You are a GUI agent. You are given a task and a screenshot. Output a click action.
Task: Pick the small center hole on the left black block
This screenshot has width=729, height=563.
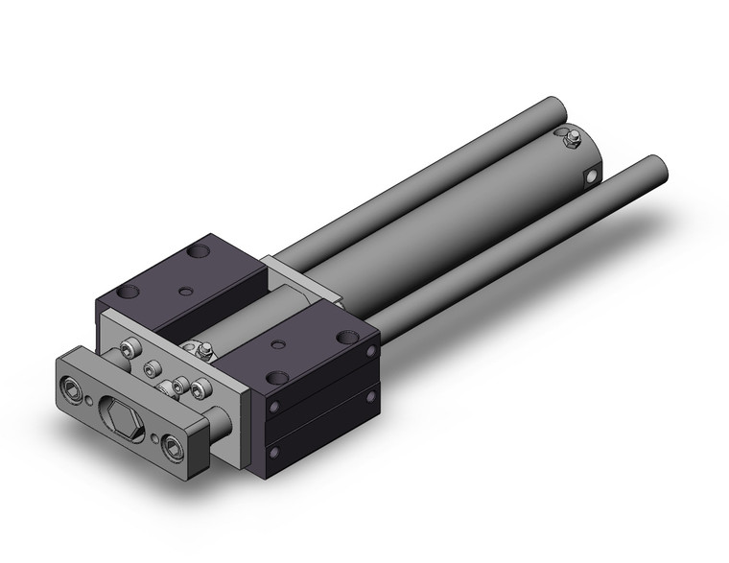click(x=185, y=288)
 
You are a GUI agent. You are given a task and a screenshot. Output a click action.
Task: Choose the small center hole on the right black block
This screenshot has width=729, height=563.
click(x=277, y=344)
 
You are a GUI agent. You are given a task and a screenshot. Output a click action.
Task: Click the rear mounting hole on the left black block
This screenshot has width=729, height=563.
click(x=200, y=253)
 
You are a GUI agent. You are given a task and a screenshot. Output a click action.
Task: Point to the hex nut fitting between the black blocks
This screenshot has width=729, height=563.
click(x=203, y=352)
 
